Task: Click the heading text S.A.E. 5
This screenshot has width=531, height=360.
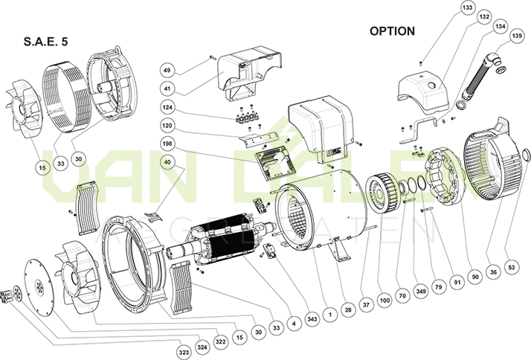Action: click(x=46, y=43)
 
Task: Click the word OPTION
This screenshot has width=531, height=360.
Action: click(x=392, y=31)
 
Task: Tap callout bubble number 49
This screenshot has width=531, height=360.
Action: click(x=167, y=71)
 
